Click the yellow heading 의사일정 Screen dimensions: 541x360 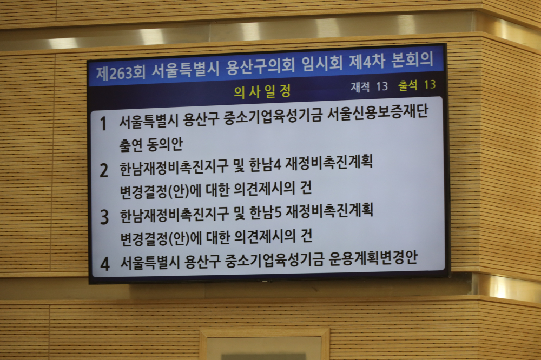point(262,91)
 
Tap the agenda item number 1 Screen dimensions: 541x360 point(103,123)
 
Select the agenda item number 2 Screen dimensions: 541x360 point(104,170)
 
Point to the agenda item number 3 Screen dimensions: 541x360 point(104,217)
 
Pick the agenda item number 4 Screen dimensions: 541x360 point(105,264)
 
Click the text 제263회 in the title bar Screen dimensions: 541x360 point(121,73)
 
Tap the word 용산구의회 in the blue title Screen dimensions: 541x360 point(260,66)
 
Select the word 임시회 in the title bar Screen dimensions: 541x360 point(322,63)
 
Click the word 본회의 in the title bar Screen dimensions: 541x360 point(412,59)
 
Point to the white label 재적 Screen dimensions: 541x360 point(360,87)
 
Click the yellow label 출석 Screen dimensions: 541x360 point(408,85)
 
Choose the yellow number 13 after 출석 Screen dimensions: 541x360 point(430,84)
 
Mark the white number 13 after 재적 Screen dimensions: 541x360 point(382,86)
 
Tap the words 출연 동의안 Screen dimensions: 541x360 point(151,144)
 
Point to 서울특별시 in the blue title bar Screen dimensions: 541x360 point(185,70)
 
